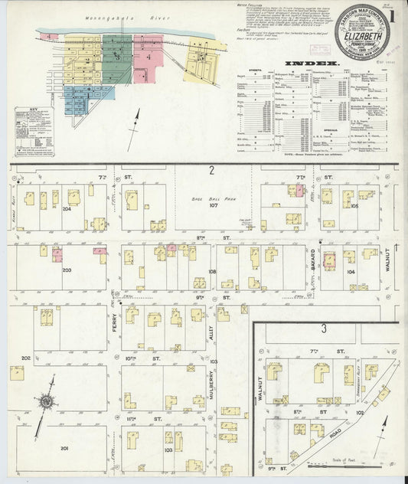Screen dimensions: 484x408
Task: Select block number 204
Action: click(x=67, y=208)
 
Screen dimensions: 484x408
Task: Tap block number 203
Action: click(x=67, y=270)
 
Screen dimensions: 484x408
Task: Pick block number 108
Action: click(x=212, y=271)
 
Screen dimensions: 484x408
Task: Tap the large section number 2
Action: click(x=211, y=171)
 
